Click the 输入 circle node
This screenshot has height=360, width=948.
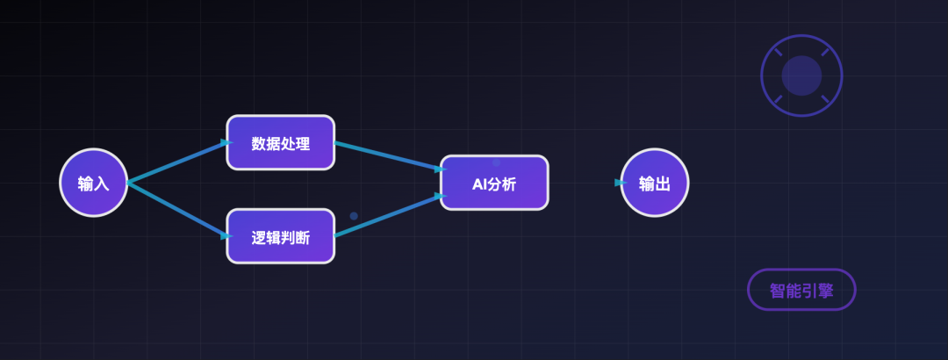pyautogui.click(x=94, y=183)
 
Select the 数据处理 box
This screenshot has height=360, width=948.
pyautogui.click(x=281, y=143)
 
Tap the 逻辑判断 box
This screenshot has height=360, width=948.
pyautogui.click(x=281, y=236)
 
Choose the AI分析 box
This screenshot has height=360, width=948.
pyautogui.click(x=494, y=183)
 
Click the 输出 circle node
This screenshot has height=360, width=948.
pyautogui.click(x=655, y=183)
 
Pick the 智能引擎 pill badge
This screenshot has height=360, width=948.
pyautogui.click(x=801, y=290)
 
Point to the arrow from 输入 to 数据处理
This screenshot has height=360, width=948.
pyautogui.click(x=180, y=162)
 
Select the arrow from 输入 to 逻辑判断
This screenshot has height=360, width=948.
pyautogui.click(x=180, y=209)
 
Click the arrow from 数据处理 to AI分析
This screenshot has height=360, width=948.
pyautogui.click(x=391, y=156)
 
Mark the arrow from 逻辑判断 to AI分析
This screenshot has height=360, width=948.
pyautogui.click(x=391, y=215)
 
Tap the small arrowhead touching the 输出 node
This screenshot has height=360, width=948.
pyautogui.click(x=621, y=183)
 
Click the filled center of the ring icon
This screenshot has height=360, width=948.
pyautogui.click(x=801, y=76)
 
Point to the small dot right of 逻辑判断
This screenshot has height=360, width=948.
pyautogui.click(x=354, y=216)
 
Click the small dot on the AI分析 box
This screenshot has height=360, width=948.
pyautogui.click(x=496, y=162)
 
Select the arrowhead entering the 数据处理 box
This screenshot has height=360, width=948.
pyautogui.click(x=227, y=143)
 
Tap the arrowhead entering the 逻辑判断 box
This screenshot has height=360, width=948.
pyautogui.click(x=227, y=236)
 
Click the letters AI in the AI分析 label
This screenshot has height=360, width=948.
pyautogui.click(x=479, y=184)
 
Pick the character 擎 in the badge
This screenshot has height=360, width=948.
pyautogui.click(x=826, y=291)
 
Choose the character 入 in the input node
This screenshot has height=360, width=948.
pyautogui.click(x=102, y=184)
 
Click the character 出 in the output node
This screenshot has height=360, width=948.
pyautogui.click(x=663, y=184)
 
